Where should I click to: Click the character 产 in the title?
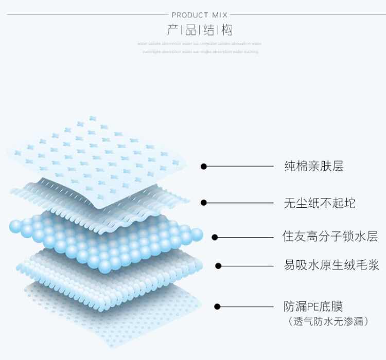173,30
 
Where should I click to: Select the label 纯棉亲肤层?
313,166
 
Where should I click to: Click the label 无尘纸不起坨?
319,203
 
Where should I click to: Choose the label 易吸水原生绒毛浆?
331,265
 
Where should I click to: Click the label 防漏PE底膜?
313,307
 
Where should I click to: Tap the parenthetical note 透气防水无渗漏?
327,321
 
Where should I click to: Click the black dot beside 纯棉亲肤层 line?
204,166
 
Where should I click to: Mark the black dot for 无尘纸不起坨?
204,203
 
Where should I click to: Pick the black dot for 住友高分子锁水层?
215,237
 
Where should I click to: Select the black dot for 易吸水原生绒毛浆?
218,266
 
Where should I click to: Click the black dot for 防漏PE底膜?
217,307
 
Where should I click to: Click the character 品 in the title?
190,30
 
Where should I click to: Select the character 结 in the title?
209,30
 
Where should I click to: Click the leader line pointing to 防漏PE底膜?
247,307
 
